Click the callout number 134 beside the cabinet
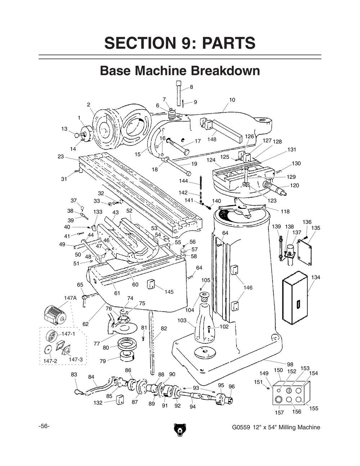coord(316,277)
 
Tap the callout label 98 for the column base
coord(290,364)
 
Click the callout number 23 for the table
coord(60,156)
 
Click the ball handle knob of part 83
coord(78,392)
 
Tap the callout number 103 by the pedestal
coord(182,320)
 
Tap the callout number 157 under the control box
coord(279,412)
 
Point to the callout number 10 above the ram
coord(232,100)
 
